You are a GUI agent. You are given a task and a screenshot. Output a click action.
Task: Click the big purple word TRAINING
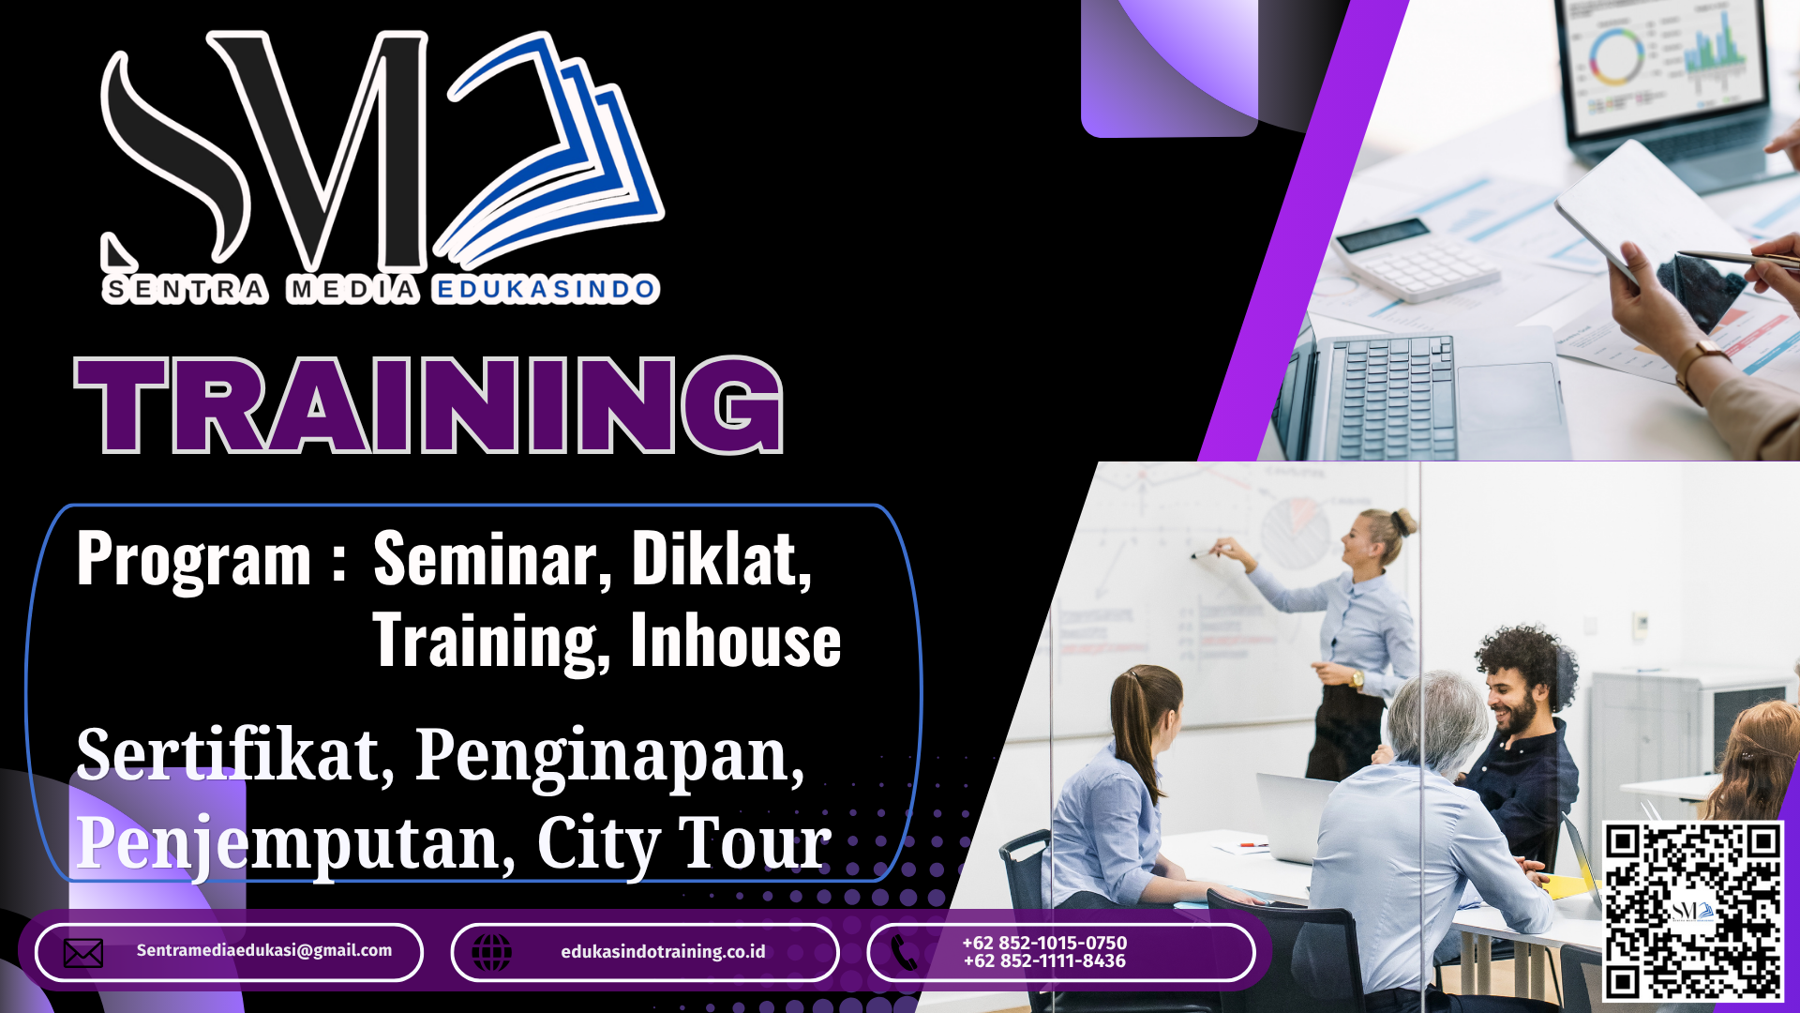point(428,405)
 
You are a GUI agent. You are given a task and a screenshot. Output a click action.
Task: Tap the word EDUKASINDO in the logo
point(546,290)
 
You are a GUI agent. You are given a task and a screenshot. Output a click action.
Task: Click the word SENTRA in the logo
point(186,290)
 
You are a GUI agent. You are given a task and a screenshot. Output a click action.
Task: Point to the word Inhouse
point(736,641)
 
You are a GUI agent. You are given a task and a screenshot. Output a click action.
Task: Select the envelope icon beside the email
point(83,953)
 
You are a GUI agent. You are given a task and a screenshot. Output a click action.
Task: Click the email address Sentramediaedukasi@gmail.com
point(264,950)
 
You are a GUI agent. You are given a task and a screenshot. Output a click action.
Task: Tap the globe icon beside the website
point(491,953)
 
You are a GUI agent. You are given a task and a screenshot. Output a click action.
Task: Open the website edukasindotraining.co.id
point(663,952)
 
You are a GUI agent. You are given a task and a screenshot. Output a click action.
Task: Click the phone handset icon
point(905,953)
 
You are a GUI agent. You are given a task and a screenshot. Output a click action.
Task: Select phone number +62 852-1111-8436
point(1044,961)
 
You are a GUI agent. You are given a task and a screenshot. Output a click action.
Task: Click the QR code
point(1693,911)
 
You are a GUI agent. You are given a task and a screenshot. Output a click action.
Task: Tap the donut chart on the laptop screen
point(1615,55)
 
